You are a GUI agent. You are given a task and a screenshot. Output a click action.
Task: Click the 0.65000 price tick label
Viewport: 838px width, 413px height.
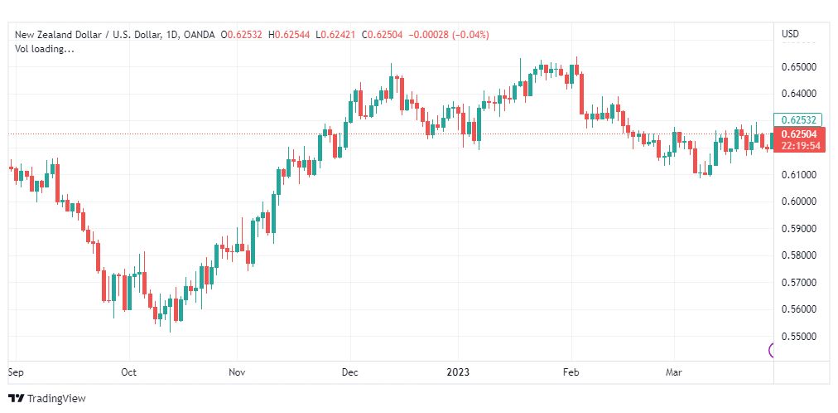tap(800, 67)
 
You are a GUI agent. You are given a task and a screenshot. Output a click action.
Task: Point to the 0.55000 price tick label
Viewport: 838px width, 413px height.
tap(800, 337)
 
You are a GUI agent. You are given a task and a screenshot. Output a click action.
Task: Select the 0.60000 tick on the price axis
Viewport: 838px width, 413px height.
tap(800, 202)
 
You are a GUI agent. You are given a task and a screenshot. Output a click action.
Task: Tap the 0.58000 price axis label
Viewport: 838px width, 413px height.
tap(800, 255)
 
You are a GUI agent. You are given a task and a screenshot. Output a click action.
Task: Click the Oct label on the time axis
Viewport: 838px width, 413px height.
tap(129, 372)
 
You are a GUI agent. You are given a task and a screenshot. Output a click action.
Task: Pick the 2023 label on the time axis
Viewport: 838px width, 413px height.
tap(458, 372)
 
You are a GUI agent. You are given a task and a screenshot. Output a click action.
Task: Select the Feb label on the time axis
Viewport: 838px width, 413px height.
tap(571, 372)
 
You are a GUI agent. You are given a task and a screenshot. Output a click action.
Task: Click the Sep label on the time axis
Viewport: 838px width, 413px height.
tap(16, 372)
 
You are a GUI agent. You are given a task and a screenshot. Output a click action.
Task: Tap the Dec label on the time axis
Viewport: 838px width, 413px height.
tap(350, 372)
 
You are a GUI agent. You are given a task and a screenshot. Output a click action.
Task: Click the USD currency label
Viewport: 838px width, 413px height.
tap(791, 34)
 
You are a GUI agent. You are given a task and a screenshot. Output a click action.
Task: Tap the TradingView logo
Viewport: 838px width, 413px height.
tap(47, 398)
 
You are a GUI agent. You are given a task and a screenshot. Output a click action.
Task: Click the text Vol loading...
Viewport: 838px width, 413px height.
tap(45, 49)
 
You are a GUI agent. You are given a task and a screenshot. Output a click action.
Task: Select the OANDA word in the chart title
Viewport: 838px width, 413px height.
tap(200, 35)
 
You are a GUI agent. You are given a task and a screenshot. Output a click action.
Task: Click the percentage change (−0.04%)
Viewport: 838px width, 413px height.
tap(470, 35)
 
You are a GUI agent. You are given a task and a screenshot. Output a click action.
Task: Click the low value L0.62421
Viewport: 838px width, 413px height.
tap(338, 35)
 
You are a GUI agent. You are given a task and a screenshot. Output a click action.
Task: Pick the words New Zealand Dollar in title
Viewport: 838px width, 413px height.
tap(55, 35)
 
